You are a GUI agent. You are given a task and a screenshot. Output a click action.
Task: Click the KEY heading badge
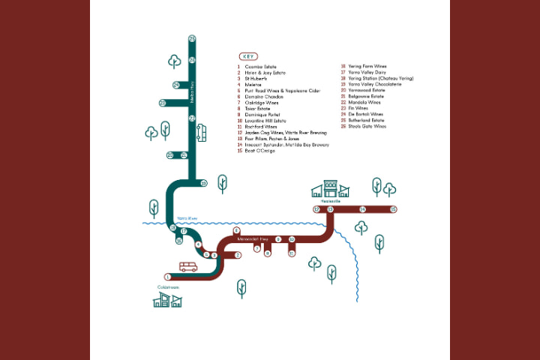pyautogui.click(x=248, y=56)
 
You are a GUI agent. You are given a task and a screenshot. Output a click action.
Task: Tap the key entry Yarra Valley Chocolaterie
pyautogui.click(x=365, y=84)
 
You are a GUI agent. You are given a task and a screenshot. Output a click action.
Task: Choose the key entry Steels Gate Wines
pyautogui.click(x=363, y=126)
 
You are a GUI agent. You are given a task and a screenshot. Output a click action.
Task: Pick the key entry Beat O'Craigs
pyautogui.click(x=259, y=151)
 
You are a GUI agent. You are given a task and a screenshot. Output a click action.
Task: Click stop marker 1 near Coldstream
pyautogui.click(x=168, y=276)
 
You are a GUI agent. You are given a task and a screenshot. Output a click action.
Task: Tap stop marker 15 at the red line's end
pyautogui.click(x=393, y=209)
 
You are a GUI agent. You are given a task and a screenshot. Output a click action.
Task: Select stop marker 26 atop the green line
pyautogui.click(x=192, y=38)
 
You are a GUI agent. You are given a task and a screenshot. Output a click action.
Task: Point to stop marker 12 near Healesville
pyautogui.click(x=316, y=209)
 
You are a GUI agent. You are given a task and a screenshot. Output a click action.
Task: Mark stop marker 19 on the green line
pyautogui.click(x=203, y=182)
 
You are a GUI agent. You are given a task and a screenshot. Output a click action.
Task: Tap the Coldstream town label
pyautogui.click(x=166, y=287)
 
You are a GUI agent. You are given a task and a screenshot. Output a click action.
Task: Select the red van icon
pyautogui.click(x=188, y=267)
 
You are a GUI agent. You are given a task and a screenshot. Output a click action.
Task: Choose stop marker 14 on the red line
pyautogui.click(x=362, y=209)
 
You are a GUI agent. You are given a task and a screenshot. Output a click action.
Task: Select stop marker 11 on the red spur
pyautogui.click(x=292, y=253)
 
